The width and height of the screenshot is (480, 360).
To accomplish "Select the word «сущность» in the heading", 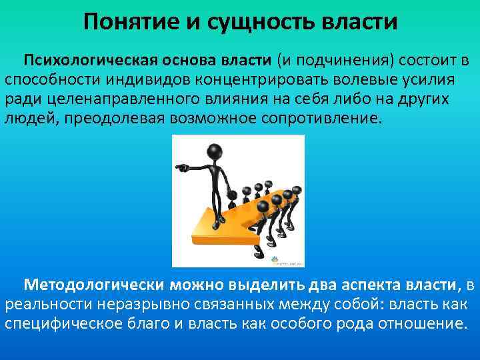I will pos(247,21).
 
